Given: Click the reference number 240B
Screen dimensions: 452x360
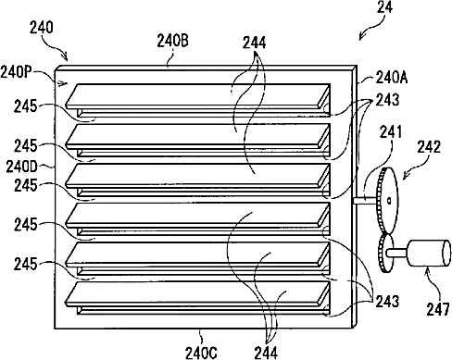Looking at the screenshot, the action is tap(172, 41).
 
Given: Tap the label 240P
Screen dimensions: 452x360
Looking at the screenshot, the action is tap(16, 73).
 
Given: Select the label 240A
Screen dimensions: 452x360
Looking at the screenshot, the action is tap(392, 78).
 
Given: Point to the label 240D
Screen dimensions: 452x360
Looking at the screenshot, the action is tap(21, 167).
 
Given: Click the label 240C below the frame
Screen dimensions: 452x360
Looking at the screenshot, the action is tap(201, 353).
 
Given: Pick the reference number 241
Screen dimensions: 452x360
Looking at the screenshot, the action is tap(391, 132).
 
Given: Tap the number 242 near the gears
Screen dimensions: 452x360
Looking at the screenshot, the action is tap(429, 147).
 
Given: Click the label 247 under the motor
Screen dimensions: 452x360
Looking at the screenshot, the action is tap(438, 309).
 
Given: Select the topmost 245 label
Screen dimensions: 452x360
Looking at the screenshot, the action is tap(25, 106).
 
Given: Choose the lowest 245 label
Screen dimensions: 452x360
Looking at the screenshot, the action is tap(25, 265).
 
